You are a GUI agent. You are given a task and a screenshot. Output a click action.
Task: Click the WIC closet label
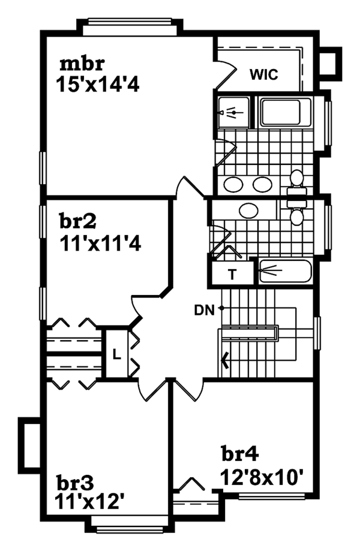pos(263,75)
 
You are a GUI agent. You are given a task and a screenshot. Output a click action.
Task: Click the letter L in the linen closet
pos(117,353)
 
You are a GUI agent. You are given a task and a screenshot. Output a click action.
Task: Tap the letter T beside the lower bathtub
pos(231,275)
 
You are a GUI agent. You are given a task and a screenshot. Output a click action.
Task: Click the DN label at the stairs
pos(205,309)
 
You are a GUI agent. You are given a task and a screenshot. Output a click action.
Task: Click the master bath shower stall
pos(233,112)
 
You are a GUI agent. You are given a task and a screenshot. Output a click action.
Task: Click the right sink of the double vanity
pos(262,184)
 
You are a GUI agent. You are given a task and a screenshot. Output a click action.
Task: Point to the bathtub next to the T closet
pos(285,273)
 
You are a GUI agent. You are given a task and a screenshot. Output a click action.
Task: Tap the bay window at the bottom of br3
pos(130,528)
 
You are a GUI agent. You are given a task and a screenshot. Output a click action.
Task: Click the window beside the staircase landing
pos(317,333)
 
